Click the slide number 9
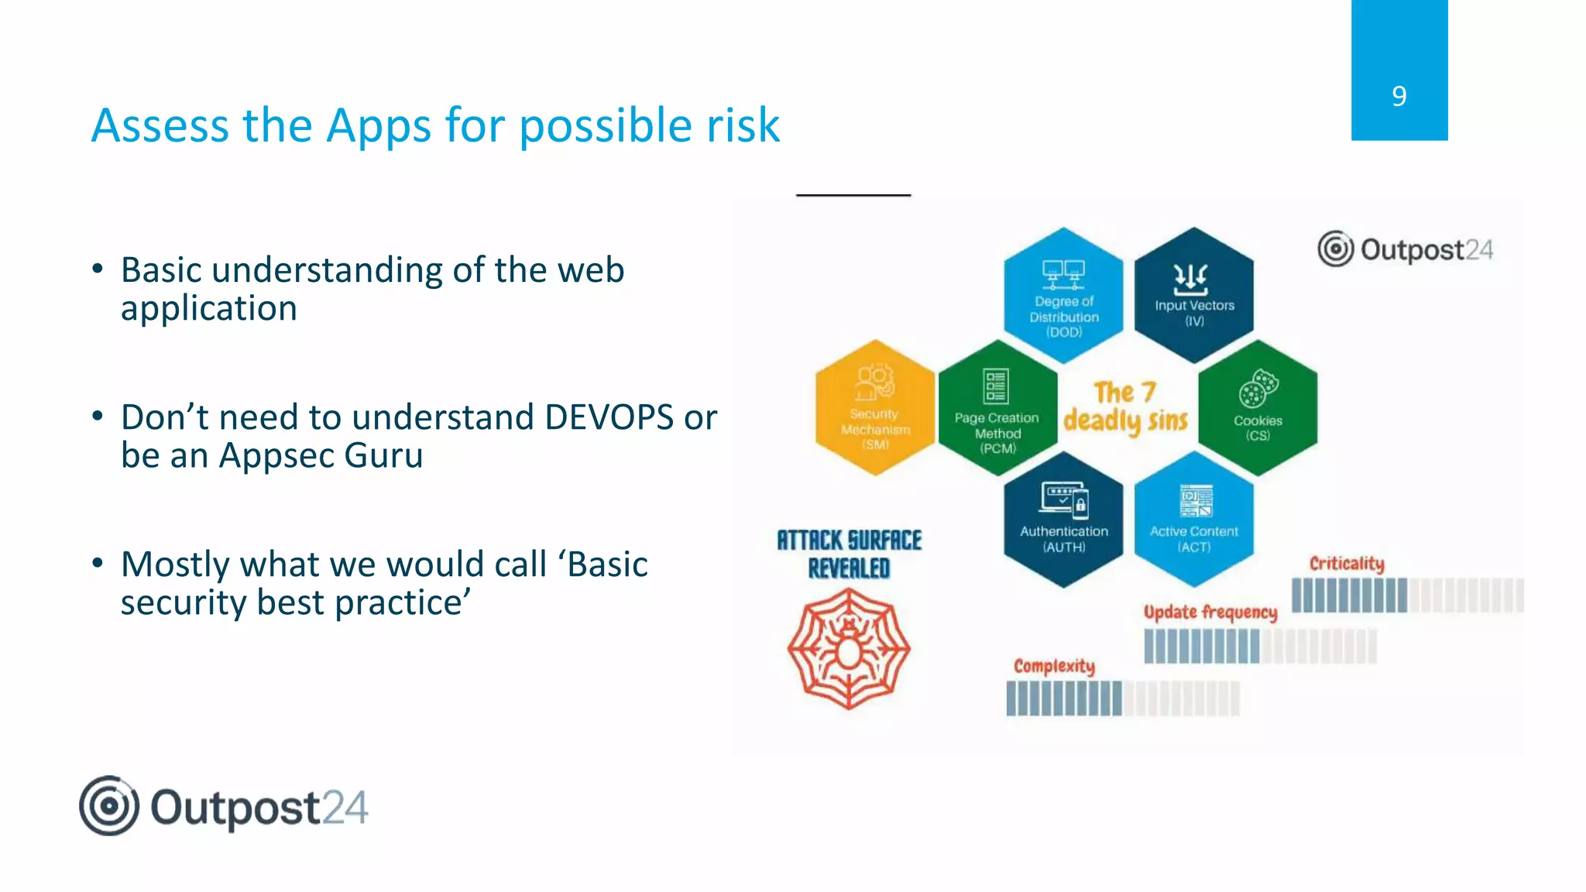1399,96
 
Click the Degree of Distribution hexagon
1063,296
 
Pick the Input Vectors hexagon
1193,296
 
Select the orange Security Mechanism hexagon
875,408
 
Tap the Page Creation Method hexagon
997,408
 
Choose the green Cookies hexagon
1258,408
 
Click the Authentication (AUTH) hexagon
1063,520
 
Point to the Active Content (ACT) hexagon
1193,520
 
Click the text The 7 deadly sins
1125,407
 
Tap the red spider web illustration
849,649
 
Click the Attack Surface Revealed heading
849,554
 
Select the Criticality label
1346,563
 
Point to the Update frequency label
1210,612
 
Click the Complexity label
1054,666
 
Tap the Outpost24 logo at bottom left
223,806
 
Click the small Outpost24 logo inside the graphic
1405,249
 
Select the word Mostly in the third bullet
171,565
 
